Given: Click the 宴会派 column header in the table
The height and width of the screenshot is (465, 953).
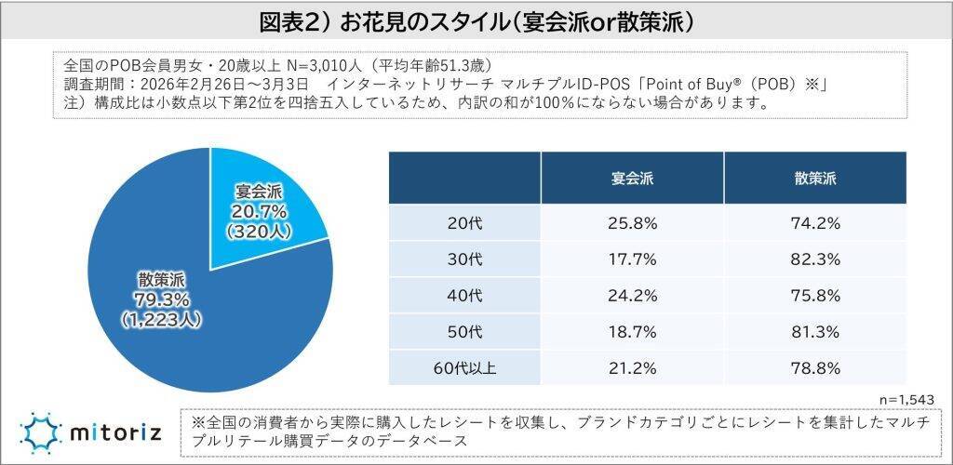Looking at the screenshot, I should [x=632, y=177].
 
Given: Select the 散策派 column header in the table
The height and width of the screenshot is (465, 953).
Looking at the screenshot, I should [x=815, y=177].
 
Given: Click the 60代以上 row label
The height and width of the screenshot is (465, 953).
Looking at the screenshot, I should [x=463, y=366].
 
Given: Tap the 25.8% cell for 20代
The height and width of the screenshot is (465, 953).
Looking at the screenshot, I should [x=632, y=223].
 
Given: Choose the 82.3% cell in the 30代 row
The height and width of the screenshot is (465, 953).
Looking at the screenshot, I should [x=815, y=259].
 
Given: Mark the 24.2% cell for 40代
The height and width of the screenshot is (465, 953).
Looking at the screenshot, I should [x=632, y=295].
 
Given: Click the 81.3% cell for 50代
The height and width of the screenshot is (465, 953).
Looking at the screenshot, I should [x=815, y=331].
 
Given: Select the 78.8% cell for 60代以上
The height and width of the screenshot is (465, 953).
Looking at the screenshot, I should [x=815, y=366].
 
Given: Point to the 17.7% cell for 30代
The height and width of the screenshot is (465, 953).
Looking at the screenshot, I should [x=632, y=259].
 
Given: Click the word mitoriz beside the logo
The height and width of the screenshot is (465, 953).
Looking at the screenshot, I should [x=115, y=432].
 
